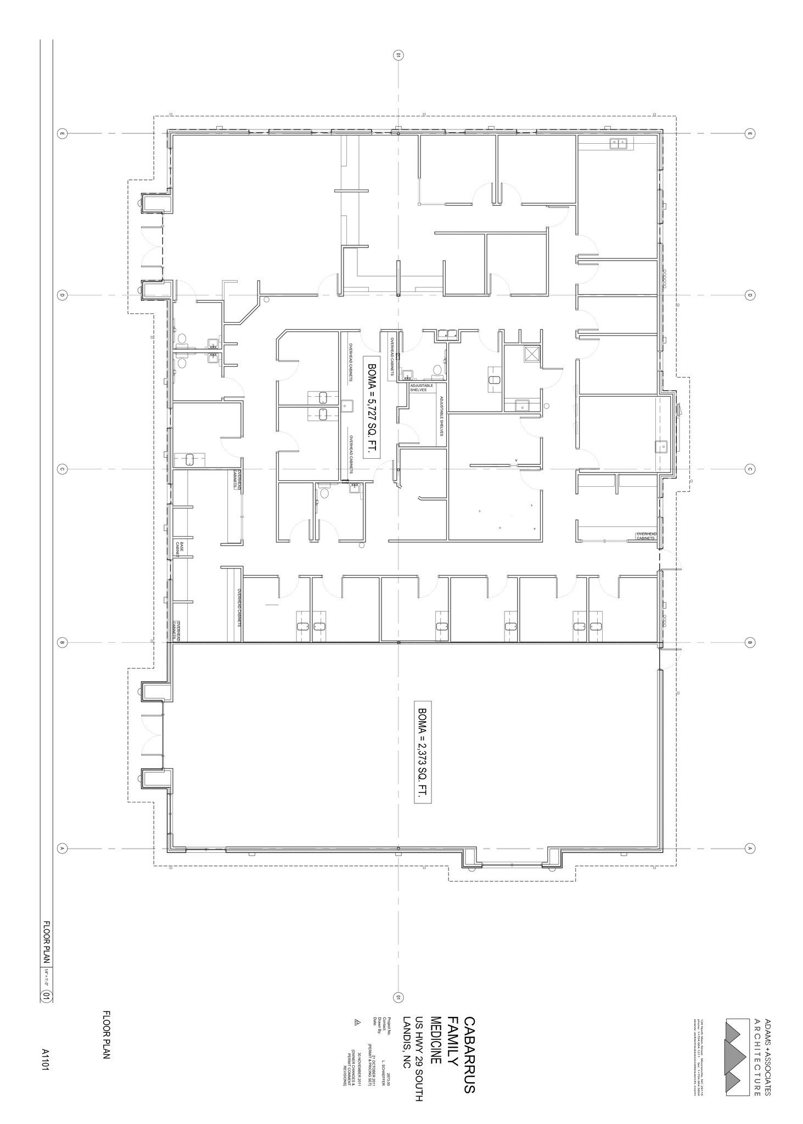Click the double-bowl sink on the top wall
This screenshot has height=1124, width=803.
(619, 144)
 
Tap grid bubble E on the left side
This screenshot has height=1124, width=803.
(62, 133)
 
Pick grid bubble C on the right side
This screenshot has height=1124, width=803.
(749, 469)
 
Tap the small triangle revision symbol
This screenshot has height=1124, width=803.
(357, 1022)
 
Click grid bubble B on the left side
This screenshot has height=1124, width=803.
(62, 643)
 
